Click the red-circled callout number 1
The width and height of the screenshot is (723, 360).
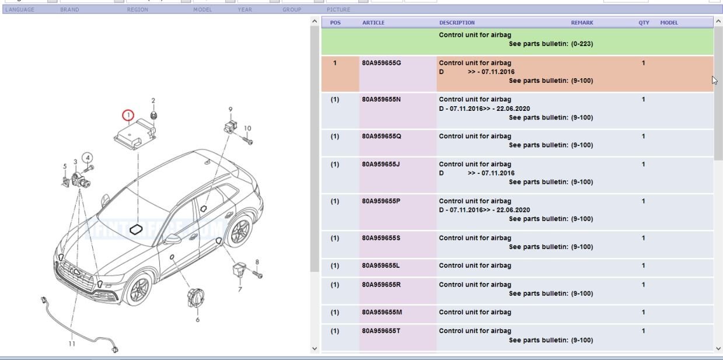(x=128, y=116)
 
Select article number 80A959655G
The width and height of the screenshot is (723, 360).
(x=382, y=63)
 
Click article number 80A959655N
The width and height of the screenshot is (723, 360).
(x=382, y=100)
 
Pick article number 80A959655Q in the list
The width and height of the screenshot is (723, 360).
(x=382, y=137)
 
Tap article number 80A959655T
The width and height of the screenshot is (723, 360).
(x=381, y=331)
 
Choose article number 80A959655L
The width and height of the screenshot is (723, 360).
(x=381, y=266)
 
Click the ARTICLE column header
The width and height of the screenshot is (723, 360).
(x=373, y=23)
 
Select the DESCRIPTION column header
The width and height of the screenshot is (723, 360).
(x=457, y=23)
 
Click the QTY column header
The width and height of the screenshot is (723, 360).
(x=643, y=23)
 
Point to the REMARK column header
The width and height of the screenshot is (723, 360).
(x=582, y=23)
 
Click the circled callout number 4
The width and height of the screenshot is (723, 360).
(x=87, y=158)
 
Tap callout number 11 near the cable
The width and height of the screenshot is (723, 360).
(x=72, y=344)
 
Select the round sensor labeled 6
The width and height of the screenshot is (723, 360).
(x=194, y=298)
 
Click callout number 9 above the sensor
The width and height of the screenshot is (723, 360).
(x=230, y=109)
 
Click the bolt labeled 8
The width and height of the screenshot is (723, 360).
(x=257, y=273)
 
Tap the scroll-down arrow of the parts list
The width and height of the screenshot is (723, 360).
(x=718, y=348)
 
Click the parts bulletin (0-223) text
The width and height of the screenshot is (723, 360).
(x=551, y=44)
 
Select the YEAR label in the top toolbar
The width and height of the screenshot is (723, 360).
(x=245, y=10)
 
